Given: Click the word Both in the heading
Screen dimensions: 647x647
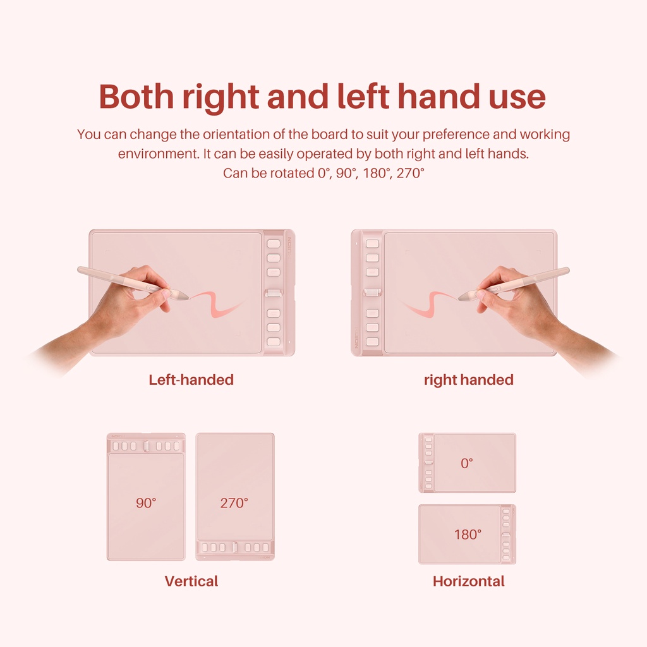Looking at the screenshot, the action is [x=136, y=97].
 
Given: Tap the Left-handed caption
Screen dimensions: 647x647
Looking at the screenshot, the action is [x=191, y=380].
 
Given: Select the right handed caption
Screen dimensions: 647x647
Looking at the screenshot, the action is [x=469, y=380].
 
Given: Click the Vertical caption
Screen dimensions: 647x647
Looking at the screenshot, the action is [x=191, y=581].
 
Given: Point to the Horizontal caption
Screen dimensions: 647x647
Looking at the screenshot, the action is [x=469, y=581].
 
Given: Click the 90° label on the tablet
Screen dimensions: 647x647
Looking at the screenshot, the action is [x=146, y=502].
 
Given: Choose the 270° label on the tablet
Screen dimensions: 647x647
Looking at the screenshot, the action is [x=234, y=502].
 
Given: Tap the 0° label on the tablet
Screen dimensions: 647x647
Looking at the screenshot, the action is [x=467, y=463].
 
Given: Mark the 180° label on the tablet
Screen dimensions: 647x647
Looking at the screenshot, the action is [x=468, y=535].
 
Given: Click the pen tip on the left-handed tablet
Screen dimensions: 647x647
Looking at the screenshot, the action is [x=188, y=297].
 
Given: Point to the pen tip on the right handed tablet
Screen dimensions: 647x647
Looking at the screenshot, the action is [x=459, y=298].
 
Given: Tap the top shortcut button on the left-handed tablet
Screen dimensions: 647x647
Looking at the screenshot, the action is [x=274, y=243].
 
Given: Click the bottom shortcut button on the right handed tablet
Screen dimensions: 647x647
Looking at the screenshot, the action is [x=372, y=342].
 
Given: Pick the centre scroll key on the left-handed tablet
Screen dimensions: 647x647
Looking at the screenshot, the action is [x=274, y=293].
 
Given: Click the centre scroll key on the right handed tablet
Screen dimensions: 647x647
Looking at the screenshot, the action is [x=372, y=293].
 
